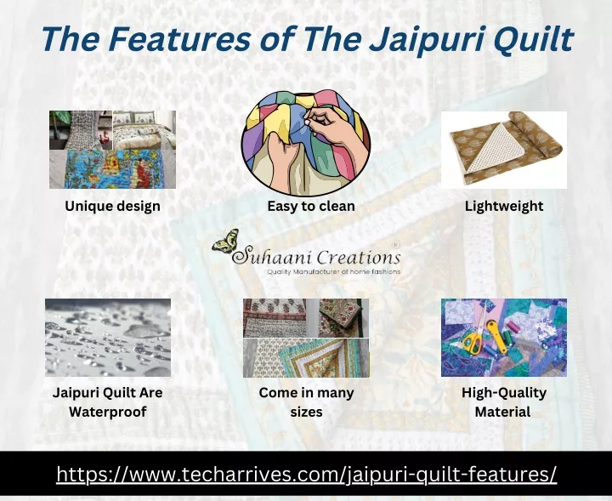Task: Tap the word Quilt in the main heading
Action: pyautogui.click(x=533, y=39)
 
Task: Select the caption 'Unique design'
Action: pyautogui.click(x=112, y=206)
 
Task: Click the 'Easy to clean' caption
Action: pyautogui.click(x=311, y=206)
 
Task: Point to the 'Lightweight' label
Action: pyautogui.click(x=504, y=206)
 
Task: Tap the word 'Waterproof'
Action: pyautogui.click(x=108, y=412)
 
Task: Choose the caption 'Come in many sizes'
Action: pyautogui.click(x=306, y=401)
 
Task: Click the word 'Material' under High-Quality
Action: pyautogui.click(x=502, y=412)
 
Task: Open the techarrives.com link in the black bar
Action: pyautogui.click(x=306, y=474)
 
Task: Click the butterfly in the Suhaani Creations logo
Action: pyautogui.click(x=225, y=241)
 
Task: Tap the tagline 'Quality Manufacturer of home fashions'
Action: pyautogui.click(x=334, y=271)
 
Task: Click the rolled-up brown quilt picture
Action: pyautogui.click(x=504, y=150)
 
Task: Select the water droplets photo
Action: pyautogui.click(x=108, y=338)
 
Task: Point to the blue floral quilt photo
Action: pyautogui.click(x=113, y=169)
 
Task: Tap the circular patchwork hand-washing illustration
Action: pyautogui.click(x=306, y=143)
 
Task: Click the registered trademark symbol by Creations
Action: pyautogui.click(x=397, y=245)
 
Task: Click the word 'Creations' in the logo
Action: pyautogui.click(x=359, y=258)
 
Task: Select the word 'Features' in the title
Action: pyautogui.click(x=179, y=39)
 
